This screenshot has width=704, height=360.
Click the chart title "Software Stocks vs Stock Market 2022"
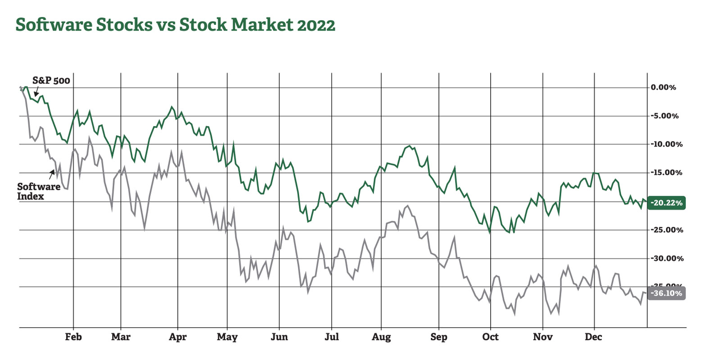(x=175, y=25)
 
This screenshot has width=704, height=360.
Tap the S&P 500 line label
(x=51, y=81)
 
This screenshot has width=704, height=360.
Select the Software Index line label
(x=38, y=191)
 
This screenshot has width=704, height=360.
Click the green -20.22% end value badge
(x=666, y=203)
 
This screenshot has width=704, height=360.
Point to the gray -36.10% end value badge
(x=666, y=293)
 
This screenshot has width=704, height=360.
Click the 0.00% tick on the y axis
(x=663, y=87)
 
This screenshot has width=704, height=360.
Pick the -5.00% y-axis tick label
(x=664, y=116)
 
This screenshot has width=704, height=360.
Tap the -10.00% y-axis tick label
(x=666, y=144)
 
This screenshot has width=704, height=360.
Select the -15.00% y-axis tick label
(x=666, y=173)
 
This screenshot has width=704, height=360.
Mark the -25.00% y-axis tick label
(x=666, y=230)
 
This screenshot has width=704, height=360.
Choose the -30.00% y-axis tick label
(x=666, y=258)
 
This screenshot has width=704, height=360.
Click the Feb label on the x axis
(x=73, y=337)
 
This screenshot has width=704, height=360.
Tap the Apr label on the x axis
(x=178, y=337)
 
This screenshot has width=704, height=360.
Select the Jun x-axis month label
(x=279, y=337)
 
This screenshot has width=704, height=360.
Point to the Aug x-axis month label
(x=381, y=337)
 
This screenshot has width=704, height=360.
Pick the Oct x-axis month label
(x=491, y=337)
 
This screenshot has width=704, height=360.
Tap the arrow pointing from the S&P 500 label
(x=36, y=92)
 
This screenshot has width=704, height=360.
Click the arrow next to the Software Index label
(x=52, y=174)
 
